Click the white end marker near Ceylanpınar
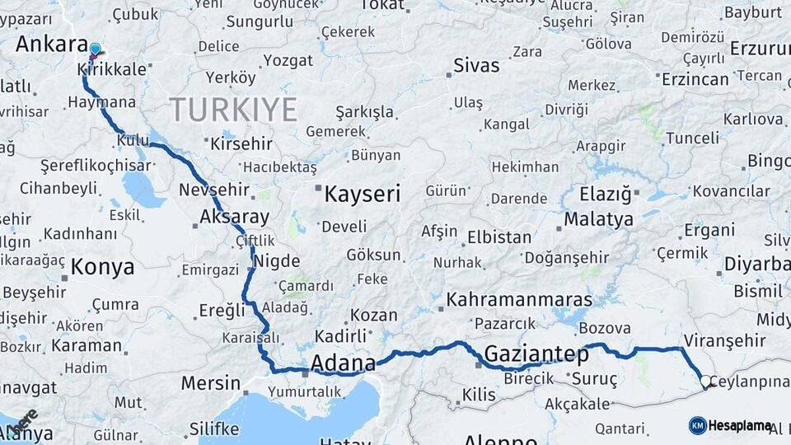pos(705,382)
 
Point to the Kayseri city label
pos(362,194)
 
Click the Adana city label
pos(343,363)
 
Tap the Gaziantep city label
pos(537,355)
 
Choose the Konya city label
pos(102,267)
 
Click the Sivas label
pos(476,65)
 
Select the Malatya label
pos(599,219)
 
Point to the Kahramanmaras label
pos(519,298)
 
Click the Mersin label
pos(210,382)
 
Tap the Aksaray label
pos(234,218)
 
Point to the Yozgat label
pos(289,60)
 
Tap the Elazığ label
pos(605,195)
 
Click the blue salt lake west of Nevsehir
pos(143,190)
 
